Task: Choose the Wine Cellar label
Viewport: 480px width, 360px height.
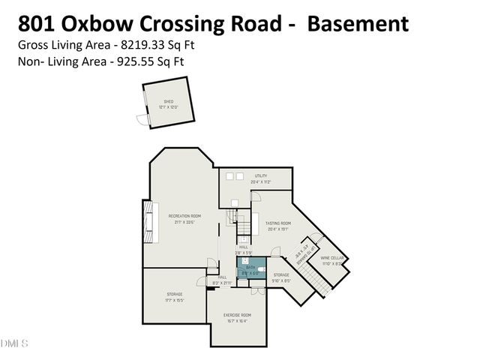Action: point(331,257)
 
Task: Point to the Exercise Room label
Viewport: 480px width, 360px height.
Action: point(237,315)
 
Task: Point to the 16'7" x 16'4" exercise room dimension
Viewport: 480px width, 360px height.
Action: point(236,321)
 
